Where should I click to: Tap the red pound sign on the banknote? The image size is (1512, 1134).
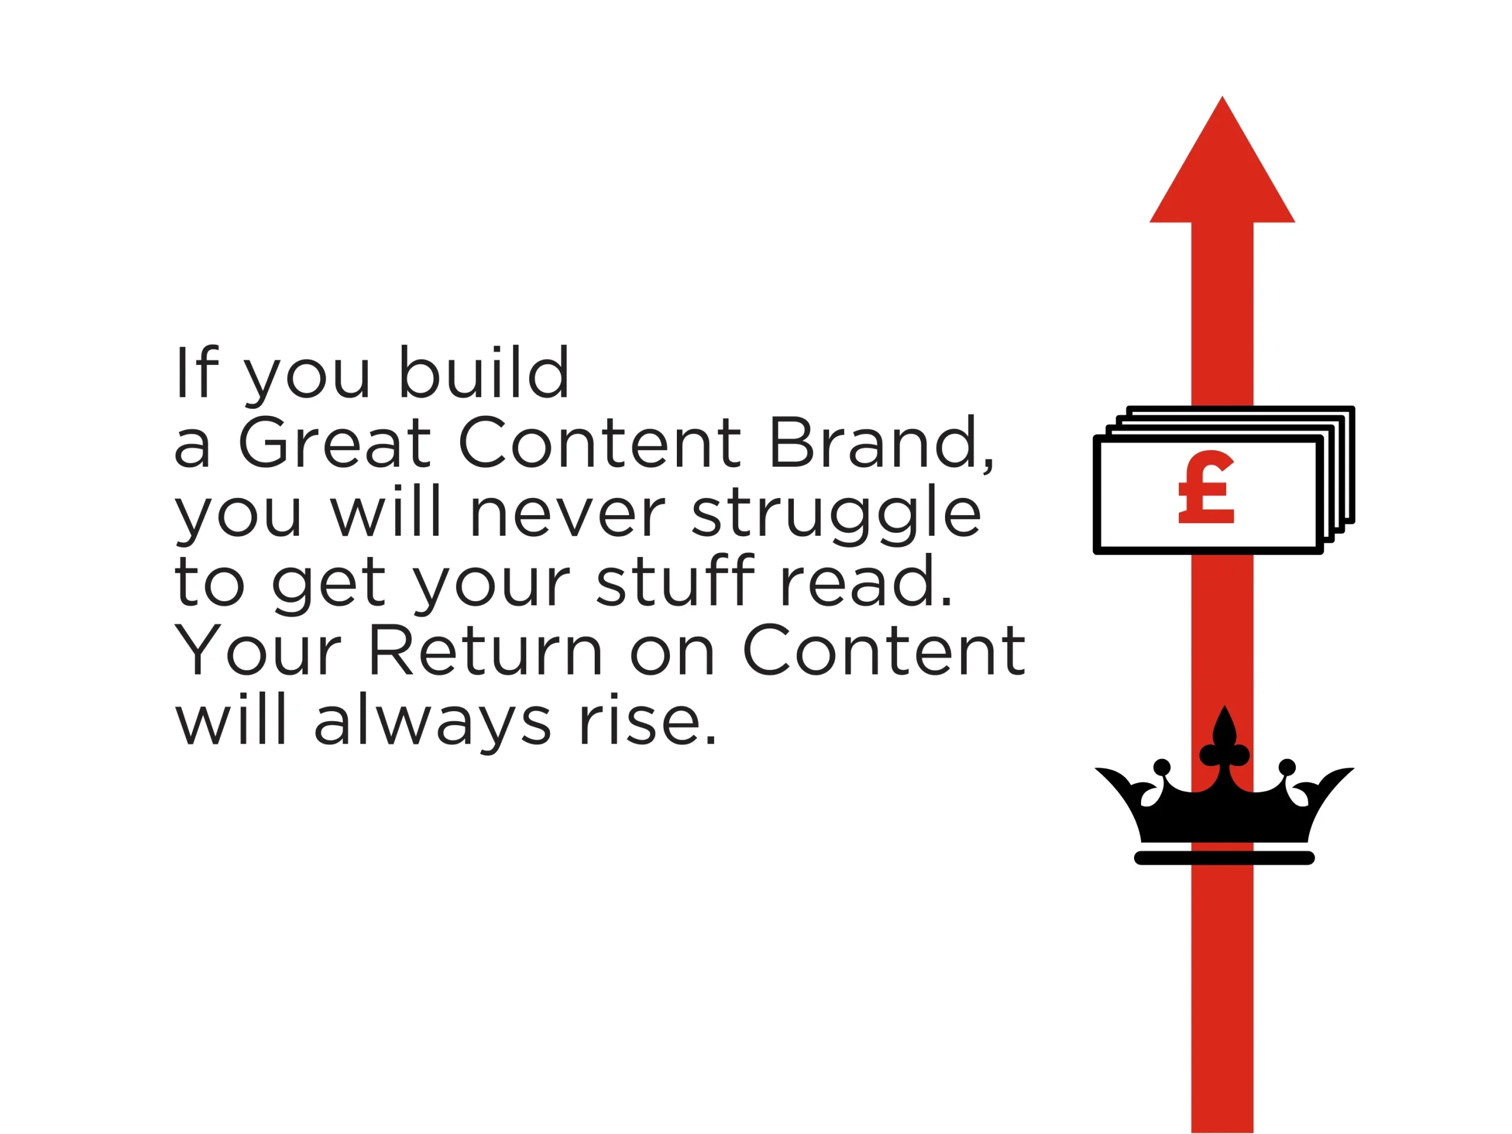[1207, 487]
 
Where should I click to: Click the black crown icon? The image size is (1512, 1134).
[1224, 786]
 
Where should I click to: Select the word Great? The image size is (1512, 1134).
[335, 443]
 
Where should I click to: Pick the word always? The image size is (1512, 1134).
[432, 725]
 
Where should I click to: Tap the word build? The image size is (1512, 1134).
[484, 372]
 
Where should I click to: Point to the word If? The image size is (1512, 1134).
[197, 372]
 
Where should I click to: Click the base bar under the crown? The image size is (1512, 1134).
[1224, 858]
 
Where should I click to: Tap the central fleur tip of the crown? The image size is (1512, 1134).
[1224, 707]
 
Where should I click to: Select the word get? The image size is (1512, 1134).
[328, 585]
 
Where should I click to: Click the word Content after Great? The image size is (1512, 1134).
[600, 443]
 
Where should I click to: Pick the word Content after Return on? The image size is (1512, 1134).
[883, 651]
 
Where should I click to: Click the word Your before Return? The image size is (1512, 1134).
[258, 651]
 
